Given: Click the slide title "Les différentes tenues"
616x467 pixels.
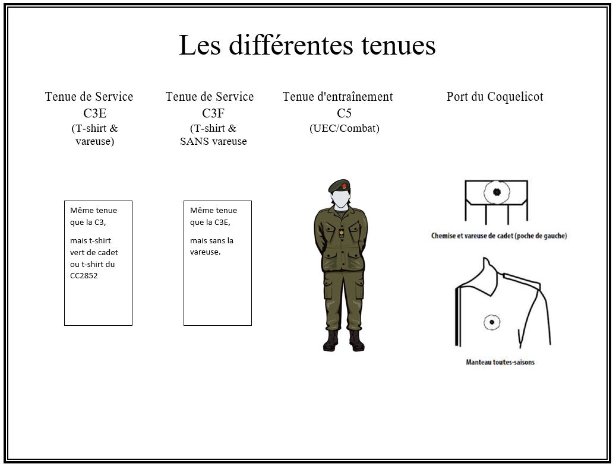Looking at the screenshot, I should (307, 46).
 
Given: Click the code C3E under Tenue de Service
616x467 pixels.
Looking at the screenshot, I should (94, 113).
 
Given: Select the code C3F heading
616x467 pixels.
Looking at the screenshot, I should (213, 113).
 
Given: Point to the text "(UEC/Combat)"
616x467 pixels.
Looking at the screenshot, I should (344, 128).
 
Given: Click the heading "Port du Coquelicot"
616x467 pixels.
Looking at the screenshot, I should (494, 97).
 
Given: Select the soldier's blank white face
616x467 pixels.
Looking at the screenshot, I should (339, 198).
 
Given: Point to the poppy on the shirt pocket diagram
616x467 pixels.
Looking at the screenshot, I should (495, 192).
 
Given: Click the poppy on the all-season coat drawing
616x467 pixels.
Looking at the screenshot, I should (491, 322).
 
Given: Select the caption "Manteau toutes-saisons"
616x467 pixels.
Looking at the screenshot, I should (500, 361).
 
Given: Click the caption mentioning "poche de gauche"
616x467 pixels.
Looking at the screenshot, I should (499, 236).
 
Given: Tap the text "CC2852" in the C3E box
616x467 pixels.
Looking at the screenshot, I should (84, 275).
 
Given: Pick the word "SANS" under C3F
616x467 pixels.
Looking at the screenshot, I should (192, 141).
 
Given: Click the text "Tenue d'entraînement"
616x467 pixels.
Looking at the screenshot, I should (337, 97).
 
